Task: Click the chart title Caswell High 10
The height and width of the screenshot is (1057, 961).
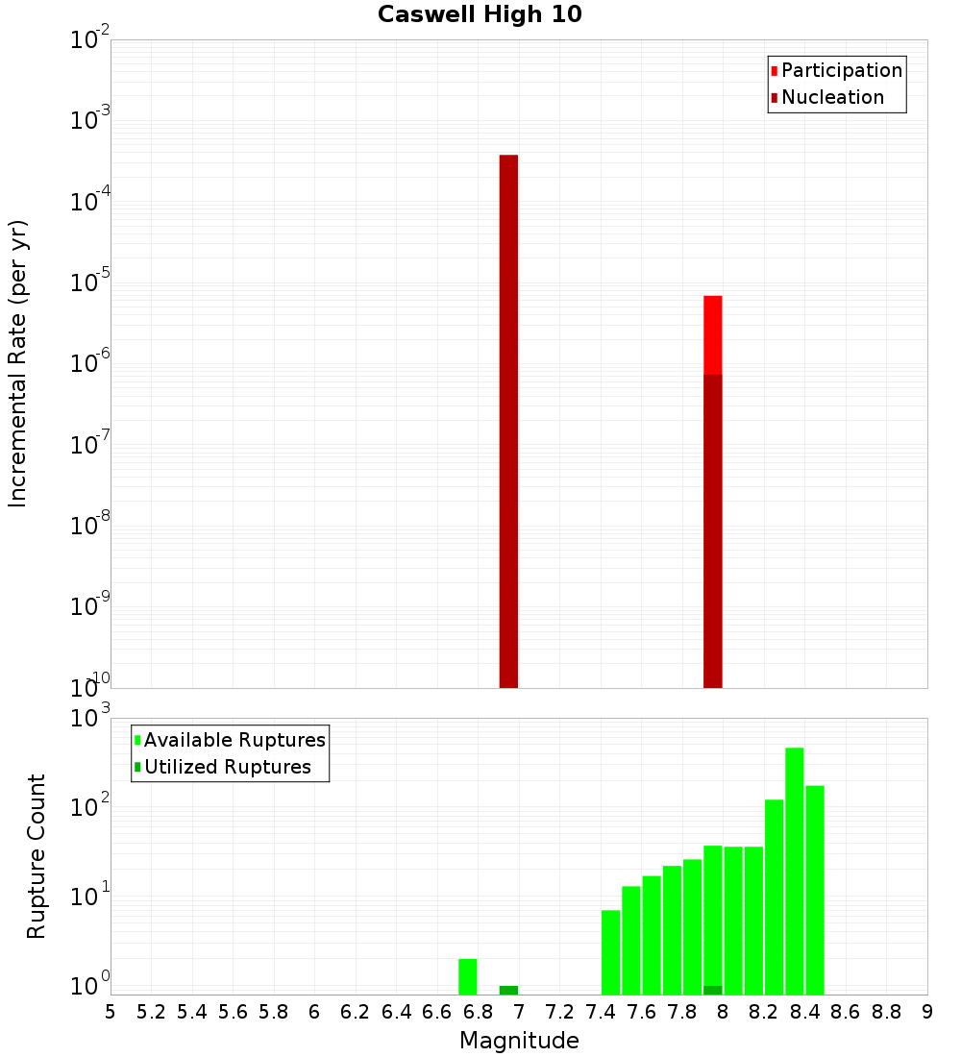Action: coord(480,14)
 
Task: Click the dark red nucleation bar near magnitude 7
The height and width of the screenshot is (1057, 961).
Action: coord(508,423)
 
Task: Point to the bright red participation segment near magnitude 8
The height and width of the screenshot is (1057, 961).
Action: coord(712,334)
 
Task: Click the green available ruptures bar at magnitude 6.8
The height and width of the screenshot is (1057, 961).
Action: coord(468,976)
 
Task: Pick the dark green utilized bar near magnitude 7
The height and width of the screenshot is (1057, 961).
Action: coord(508,990)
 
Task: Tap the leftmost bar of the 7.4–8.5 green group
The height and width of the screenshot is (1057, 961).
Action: coord(610,952)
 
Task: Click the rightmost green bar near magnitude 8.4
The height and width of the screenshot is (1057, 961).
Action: coord(815,890)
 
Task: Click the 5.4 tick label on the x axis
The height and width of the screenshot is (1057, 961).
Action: coord(192,1012)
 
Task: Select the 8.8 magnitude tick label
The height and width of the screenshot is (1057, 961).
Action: coord(886,1012)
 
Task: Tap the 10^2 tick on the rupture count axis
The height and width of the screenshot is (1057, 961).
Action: coord(88,805)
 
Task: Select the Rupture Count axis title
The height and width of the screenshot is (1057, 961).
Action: coord(37,856)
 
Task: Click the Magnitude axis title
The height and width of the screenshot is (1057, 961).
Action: coord(519,1040)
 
